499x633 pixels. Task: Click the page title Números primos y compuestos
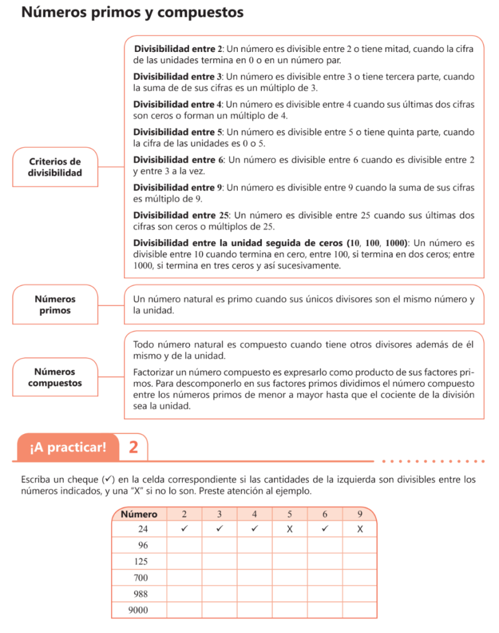click(132, 13)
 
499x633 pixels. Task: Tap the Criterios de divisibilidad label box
click(55, 167)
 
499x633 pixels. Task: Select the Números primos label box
click(55, 305)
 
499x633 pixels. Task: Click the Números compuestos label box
click(55, 377)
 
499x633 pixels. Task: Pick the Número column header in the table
click(139, 514)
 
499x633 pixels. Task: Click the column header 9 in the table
click(359, 514)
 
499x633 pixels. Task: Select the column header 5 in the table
click(290, 514)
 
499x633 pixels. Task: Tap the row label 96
click(143, 546)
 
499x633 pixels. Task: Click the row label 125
click(141, 562)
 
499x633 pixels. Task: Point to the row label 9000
click(139, 611)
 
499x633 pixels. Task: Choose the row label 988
click(141, 594)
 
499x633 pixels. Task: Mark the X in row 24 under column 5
click(289, 530)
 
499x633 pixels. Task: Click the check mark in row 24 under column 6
click(324, 529)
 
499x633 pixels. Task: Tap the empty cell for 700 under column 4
click(254, 578)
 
